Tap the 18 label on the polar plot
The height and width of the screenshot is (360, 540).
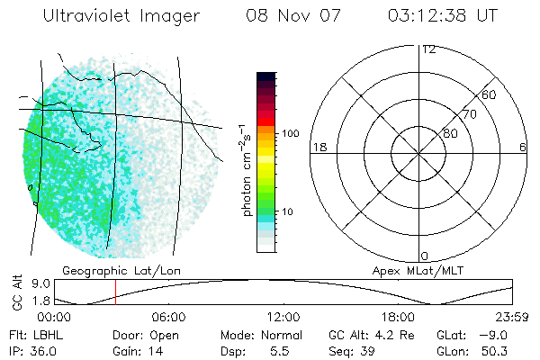pos(318,147)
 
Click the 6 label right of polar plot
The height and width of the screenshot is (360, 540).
pos(523,147)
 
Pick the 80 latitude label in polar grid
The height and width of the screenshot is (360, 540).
pos(450,133)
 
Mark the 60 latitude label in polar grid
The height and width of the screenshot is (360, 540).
pos(490,94)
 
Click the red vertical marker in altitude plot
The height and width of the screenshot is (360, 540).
pos(115,292)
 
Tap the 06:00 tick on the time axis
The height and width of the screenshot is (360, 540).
pos(168,318)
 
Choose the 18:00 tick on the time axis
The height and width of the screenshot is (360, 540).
pos(398,318)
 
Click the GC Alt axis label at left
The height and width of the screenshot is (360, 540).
pos(16,292)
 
